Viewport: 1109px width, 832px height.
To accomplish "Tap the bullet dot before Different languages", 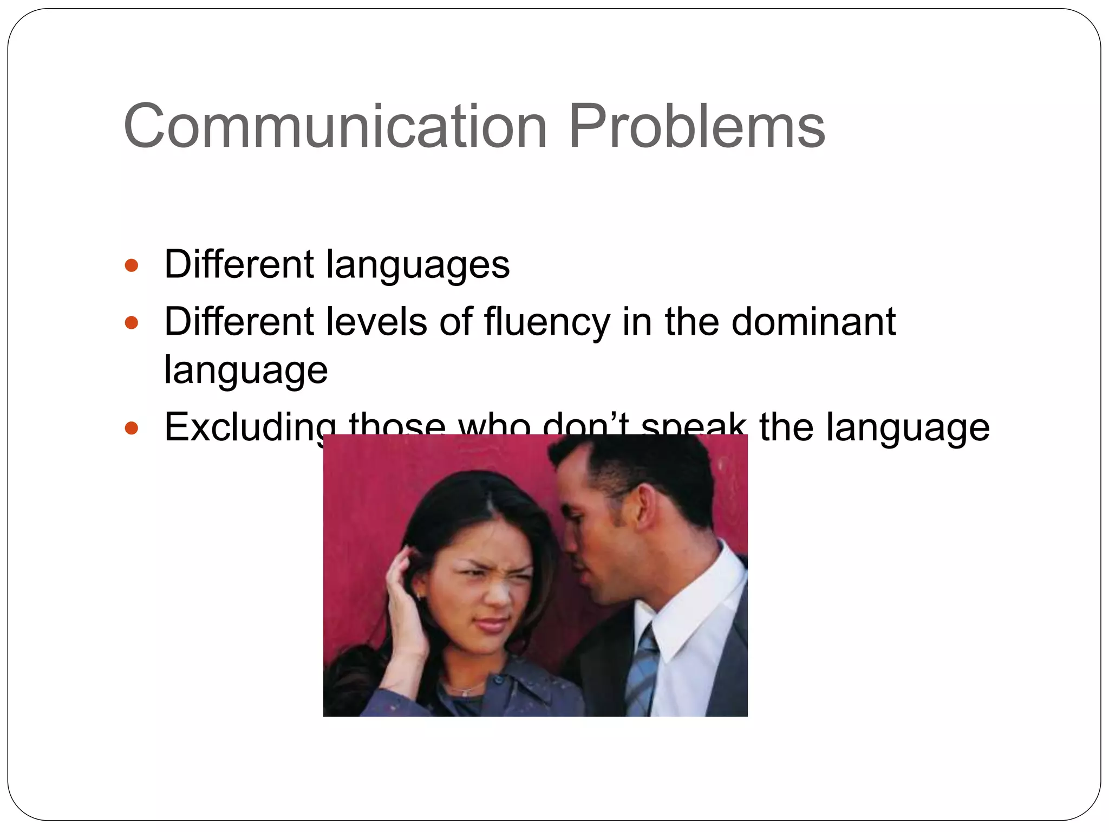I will coord(132,266).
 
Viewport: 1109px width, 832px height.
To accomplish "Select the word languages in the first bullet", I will coord(417,265).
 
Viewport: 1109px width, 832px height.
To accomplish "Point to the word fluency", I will coord(547,322).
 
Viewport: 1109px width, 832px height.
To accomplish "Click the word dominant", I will coord(813,322).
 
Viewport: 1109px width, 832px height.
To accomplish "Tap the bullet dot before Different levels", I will coord(132,323).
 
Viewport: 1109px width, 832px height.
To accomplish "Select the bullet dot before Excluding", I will coord(132,429).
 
